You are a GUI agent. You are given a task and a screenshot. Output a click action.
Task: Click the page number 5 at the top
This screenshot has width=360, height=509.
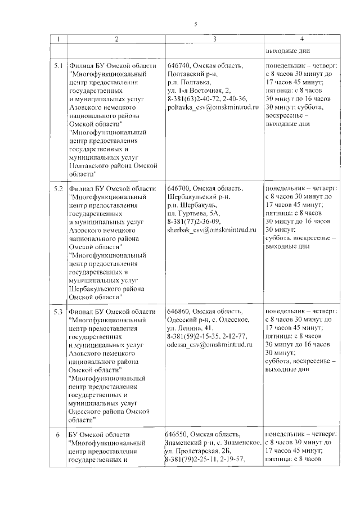(196, 24)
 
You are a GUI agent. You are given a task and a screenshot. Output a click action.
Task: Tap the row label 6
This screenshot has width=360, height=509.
(58, 435)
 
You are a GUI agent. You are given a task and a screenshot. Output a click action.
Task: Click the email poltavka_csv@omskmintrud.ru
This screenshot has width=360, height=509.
(213, 106)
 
